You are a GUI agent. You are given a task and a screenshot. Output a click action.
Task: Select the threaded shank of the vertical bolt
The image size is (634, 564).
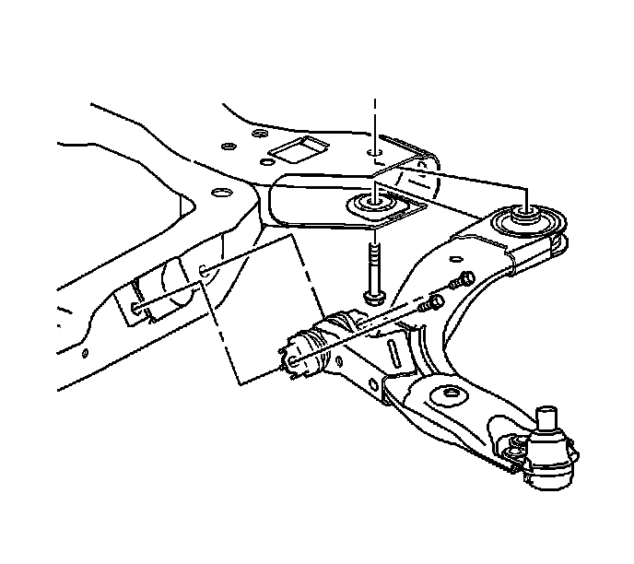point(375,262)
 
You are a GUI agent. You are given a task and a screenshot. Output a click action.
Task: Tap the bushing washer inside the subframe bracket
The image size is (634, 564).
point(375,202)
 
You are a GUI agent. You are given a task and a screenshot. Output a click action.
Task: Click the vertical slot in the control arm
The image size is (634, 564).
point(393,351)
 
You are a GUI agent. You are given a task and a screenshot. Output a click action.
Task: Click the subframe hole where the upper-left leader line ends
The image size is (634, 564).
point(202,271)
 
